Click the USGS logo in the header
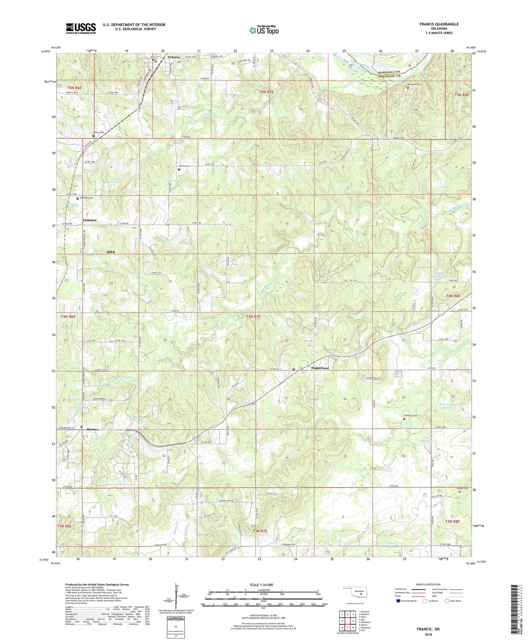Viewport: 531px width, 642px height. (81, 28)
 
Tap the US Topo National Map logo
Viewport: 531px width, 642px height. (264, 30)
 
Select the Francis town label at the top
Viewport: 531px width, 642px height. (174, 57)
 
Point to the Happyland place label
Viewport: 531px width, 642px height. (320, 368)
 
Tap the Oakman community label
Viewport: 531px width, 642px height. (90, 220)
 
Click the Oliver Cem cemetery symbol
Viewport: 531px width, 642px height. (93, 136)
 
